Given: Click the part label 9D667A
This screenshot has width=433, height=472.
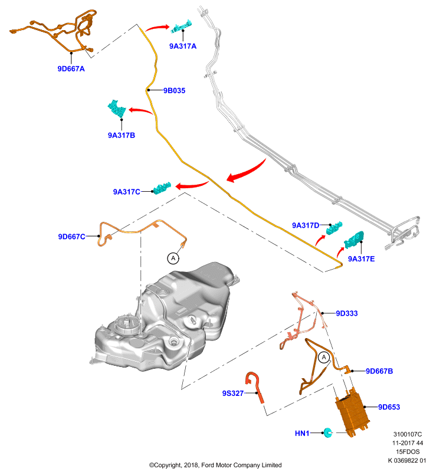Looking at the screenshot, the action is [71, 68].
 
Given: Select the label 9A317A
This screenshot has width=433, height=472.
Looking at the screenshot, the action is [183, 46].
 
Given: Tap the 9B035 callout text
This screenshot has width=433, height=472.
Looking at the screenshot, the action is [174, 90].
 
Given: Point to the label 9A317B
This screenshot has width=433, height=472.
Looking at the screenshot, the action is [122, 135].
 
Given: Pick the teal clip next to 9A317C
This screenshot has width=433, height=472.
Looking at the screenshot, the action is [162, 188].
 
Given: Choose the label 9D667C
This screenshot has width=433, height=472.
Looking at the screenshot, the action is [71, 237].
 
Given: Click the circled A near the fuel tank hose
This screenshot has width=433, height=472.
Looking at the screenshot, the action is [173, 258].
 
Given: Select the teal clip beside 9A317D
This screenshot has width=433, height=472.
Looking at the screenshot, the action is [334, 228].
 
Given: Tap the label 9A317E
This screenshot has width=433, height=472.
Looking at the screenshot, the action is [361, 259].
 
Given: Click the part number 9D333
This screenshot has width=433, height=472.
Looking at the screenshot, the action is [347, 313].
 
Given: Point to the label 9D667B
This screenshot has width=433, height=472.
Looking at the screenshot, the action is [379, 371].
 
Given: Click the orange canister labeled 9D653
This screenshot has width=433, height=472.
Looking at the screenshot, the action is [352, 412].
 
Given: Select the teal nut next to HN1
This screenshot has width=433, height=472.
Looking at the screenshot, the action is [327, 432].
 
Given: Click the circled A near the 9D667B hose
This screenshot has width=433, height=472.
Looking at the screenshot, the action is [324, 358].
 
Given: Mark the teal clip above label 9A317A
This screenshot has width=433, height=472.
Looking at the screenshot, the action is [182, 27].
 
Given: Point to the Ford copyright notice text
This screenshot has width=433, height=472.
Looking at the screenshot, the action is [215, 465].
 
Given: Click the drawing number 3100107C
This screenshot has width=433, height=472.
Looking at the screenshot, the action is [408, 434].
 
